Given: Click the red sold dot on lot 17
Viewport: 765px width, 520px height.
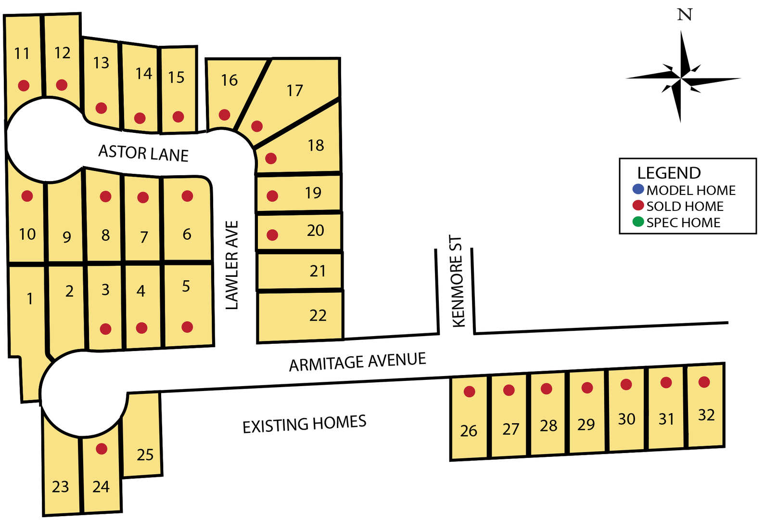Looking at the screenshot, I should [x=257, y=126].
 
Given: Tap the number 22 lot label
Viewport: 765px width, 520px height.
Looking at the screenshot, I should [x=318, y=315].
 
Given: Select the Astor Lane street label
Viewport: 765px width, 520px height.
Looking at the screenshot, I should [x=143, y=153].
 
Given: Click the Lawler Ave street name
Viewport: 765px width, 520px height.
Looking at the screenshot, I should [x=232, y=265].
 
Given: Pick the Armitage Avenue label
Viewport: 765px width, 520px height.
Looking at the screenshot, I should [x=357, y=362].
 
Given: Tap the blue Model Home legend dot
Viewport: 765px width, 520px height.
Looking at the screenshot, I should [x=638, y=189].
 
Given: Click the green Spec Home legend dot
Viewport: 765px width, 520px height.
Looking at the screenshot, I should [x=638, y=222].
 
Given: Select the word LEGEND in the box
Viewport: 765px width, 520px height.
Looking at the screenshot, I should [x=669, y=173].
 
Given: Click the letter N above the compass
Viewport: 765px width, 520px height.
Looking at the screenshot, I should [x=684, y=15].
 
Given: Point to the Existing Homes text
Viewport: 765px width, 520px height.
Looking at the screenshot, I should [x=304, y=424].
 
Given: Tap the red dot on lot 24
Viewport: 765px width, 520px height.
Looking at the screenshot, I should [x=102, y=449].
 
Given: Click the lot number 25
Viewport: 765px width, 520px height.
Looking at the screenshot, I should [x=145, y=455].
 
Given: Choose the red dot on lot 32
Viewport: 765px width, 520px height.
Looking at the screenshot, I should [x=704, y=382].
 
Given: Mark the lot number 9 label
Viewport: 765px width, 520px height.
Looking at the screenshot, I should [x=67, y=237].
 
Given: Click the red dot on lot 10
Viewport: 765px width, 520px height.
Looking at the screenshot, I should [x=27, y=196].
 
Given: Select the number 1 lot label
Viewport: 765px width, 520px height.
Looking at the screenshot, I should [x=30, y=299].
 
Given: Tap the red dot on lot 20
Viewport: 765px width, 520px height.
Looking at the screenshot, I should [x=272, y=235].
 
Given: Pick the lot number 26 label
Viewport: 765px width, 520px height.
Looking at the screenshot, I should [x=469, y=430].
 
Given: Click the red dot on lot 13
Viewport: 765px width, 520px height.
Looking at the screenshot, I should [x=101, y=108].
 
